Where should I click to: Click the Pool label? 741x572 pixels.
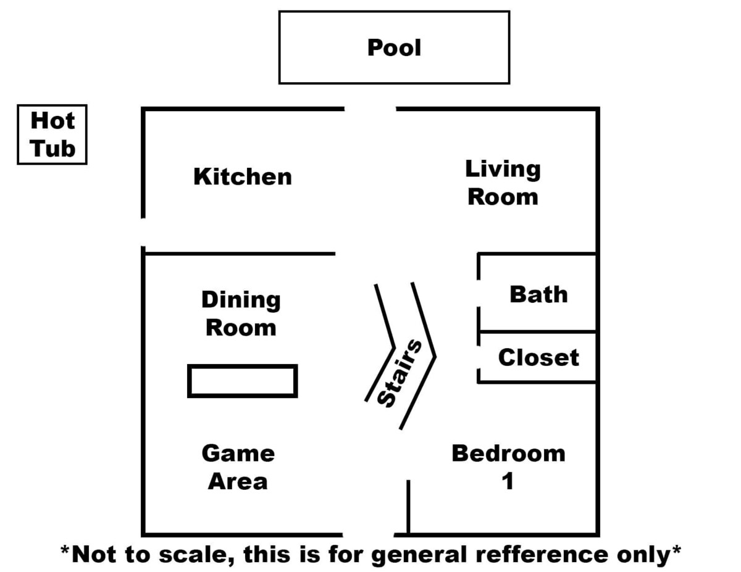(x=394, y=48)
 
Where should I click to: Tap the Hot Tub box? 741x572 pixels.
(x=52, y=135)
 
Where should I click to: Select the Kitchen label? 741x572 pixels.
(x=243, y=177)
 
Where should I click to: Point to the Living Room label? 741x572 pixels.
(x=503, y=183)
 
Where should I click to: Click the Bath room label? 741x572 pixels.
(x=538, y=294)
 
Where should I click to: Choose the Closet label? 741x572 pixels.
(x=538, y=357)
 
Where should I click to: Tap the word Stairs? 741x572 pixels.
(x=400, y=373)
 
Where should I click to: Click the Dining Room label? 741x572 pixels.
(x=241, y=313)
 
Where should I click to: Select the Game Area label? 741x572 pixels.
(x=238, y=467)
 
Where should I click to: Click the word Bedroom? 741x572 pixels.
(x=508, y=454)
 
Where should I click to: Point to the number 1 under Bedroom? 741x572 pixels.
(x=508, y=481)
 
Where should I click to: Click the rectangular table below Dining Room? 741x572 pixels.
(x=243, y=381)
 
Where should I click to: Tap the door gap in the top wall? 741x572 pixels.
(x=370, y=109)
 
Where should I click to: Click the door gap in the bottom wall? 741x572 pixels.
(x=368, y=534)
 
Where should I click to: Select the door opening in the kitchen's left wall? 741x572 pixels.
(x=143, y=233)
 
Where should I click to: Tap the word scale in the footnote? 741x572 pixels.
(x=198, y=555)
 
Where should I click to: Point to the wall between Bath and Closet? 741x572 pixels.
(x=537, y=331)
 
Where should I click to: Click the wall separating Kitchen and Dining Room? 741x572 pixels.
(x=240, y=253)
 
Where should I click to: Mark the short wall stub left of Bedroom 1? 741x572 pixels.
(x=408, y=506)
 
